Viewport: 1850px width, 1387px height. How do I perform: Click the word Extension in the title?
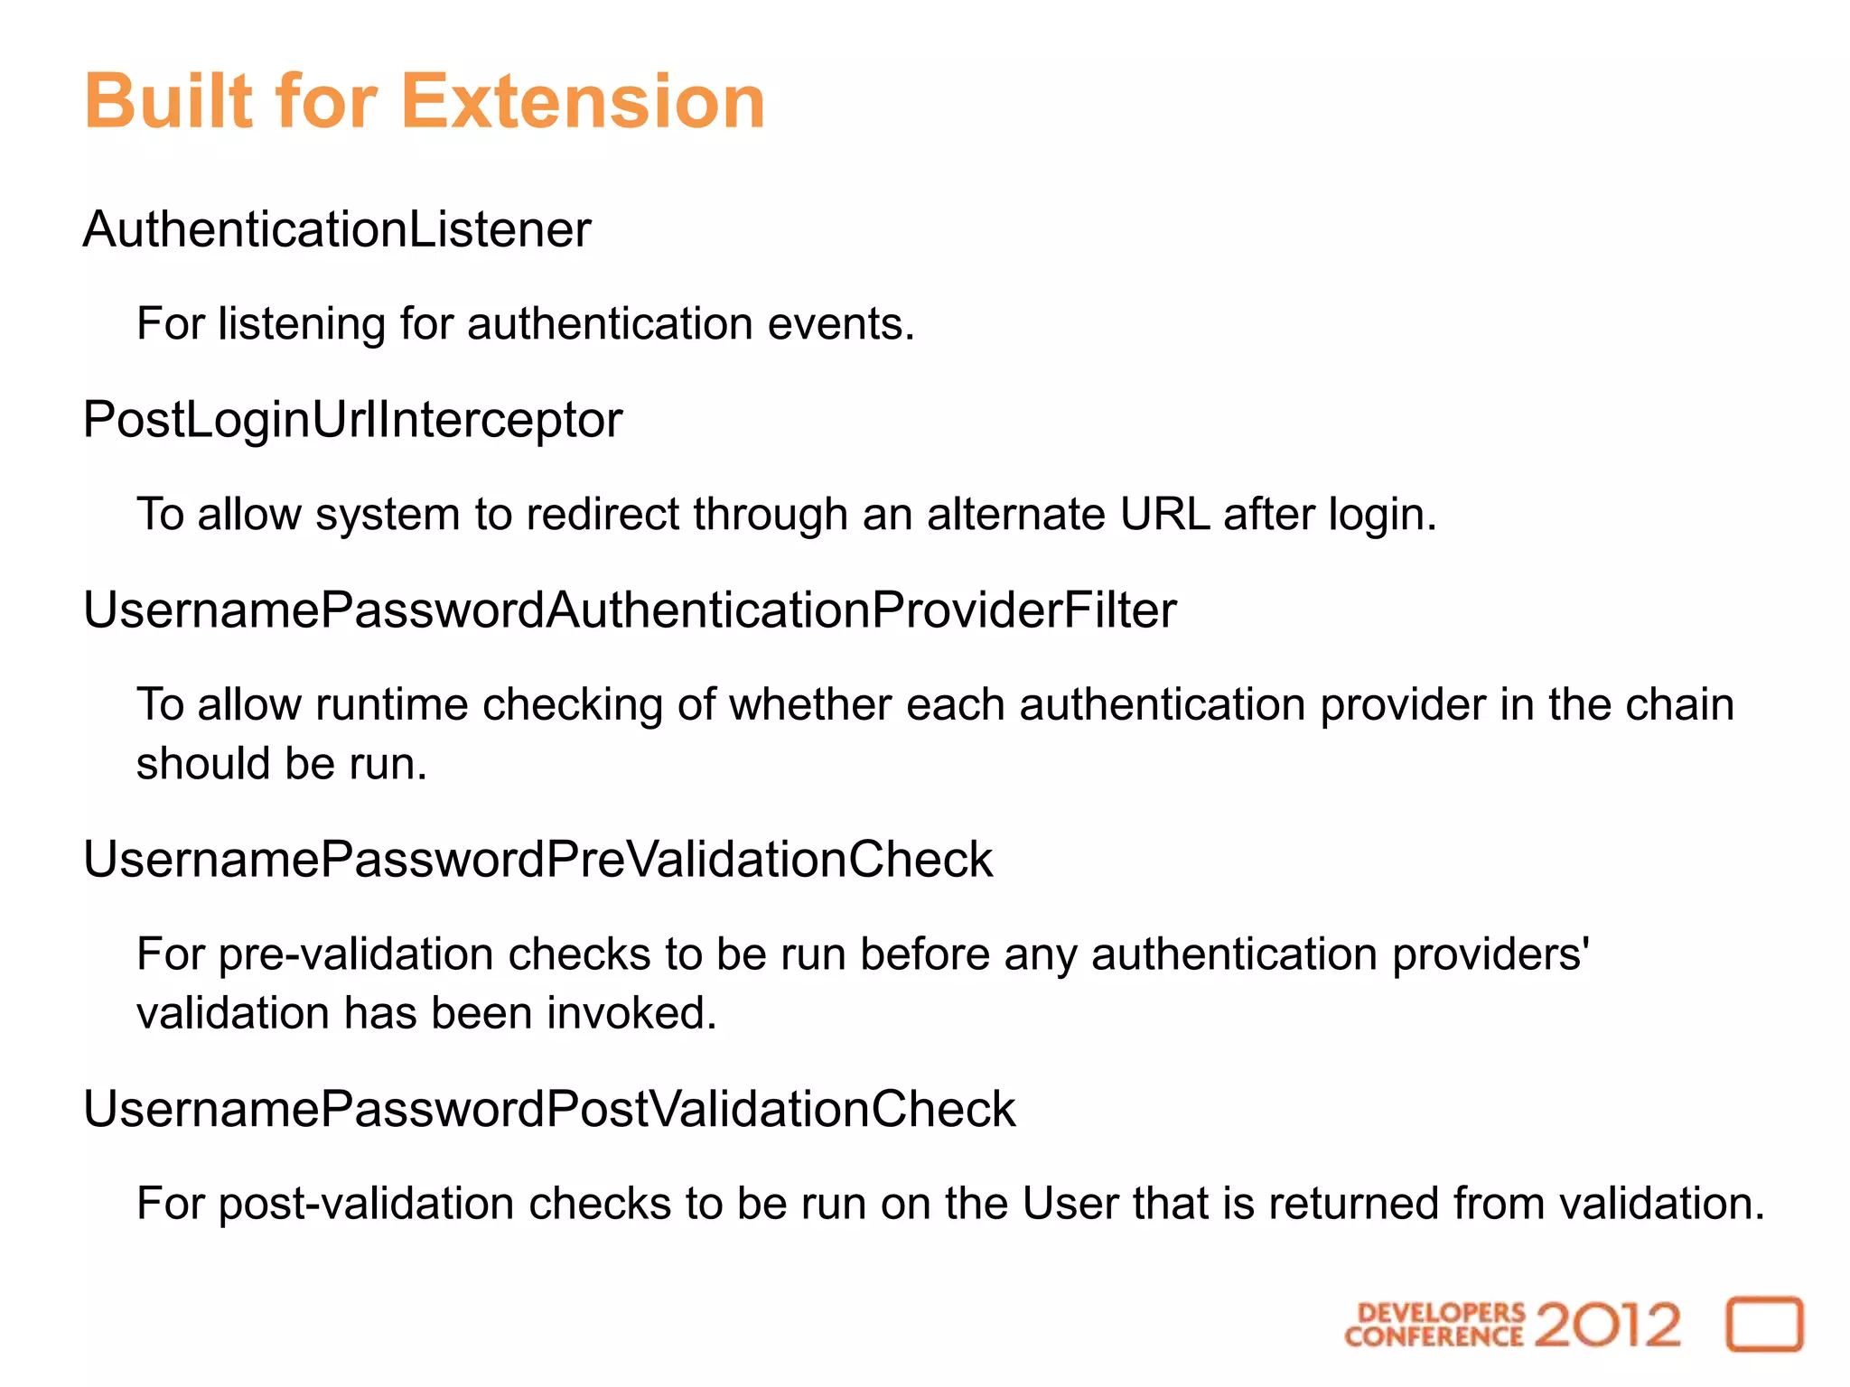[x=583, y=101]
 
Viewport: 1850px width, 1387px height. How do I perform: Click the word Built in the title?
[x=168, y=101]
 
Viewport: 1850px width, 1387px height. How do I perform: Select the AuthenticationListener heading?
[x=337, y=229]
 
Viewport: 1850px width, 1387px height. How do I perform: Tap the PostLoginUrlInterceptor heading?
[x=352, y=421]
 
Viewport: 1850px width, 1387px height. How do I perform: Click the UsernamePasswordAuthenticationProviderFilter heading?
[x=630, y=610]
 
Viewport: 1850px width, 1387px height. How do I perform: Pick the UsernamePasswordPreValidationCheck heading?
[x=537, y=860]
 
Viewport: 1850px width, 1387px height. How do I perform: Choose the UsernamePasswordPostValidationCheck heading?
[x=549, y=1110]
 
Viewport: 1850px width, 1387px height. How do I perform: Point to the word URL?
[x=1164, y=515]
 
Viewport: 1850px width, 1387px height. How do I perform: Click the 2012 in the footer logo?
[x=1608, y=1325]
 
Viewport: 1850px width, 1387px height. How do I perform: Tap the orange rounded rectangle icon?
[x=1764, y=1325]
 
